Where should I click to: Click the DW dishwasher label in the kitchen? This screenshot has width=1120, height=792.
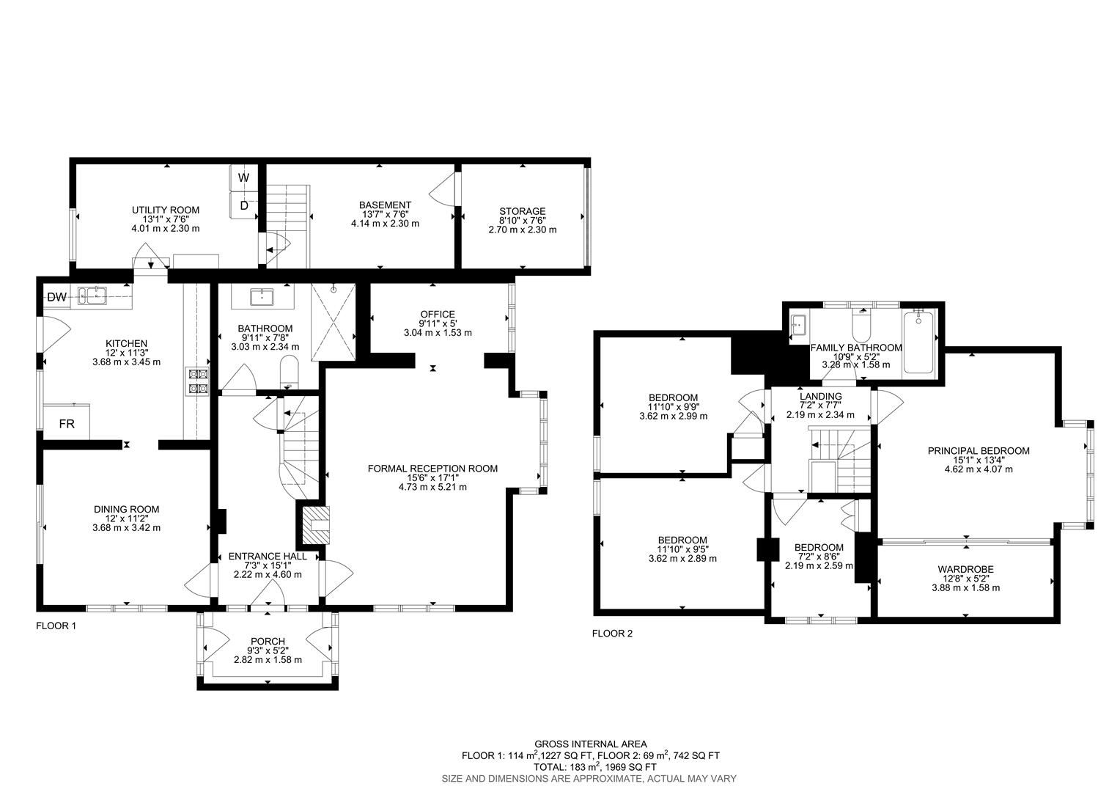[56, 297]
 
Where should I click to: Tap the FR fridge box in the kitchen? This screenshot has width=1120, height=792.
[66, 424]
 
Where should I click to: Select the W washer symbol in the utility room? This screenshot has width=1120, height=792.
[243, 177]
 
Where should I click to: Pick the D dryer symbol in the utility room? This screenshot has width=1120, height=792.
[243, 205]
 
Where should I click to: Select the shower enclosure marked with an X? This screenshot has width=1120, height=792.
[333, 323]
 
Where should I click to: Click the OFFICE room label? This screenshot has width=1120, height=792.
[437, 314]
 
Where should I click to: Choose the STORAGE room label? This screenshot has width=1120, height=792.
[522, 211]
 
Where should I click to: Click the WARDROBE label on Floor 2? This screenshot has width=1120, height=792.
[965, 569]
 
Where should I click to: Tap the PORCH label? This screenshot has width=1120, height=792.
[267, 641]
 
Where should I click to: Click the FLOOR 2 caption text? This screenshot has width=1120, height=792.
[611, 634]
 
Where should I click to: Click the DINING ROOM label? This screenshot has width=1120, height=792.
[126, 509]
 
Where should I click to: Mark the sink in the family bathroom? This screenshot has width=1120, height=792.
[798, 323]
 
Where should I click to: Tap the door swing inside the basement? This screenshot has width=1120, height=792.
[442, 192]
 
